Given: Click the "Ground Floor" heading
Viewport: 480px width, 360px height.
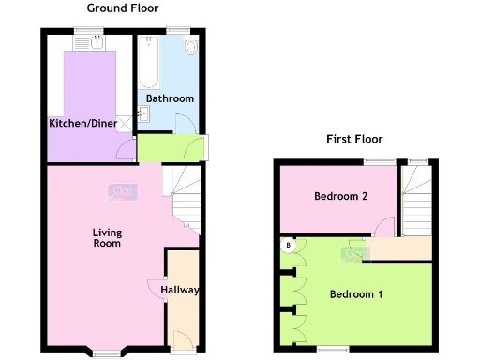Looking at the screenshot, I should click(x=121, y=7).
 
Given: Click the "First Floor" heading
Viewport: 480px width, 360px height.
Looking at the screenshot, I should click(x=353, y=139).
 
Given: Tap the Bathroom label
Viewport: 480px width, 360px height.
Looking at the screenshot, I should click(x=169, y=98).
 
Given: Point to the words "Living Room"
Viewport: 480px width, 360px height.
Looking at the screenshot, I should click(x=106, y=237).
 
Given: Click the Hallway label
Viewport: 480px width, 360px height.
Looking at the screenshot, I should click(x=179, y=290).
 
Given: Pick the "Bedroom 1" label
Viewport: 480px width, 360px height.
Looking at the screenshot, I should click(x=356, y=294).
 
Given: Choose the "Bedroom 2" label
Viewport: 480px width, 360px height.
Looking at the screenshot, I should click(x=338, y=196).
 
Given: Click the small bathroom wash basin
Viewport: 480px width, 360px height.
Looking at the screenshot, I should click(x=143, y=114).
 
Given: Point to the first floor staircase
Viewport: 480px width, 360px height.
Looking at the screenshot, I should click(x=414, y=199).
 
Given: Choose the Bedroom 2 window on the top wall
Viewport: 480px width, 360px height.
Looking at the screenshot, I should click(x=380, y=162).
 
